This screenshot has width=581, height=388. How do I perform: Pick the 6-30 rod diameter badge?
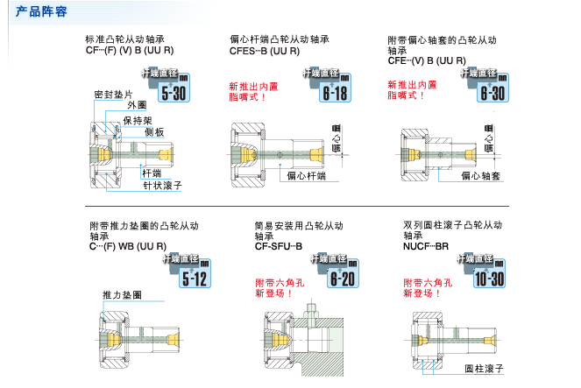tap(487, 88)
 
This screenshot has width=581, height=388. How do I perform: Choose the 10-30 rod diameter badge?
tap(487, 273)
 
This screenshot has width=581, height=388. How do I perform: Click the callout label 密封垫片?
tap(113, 95)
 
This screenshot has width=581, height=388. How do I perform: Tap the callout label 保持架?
tap(138, 120)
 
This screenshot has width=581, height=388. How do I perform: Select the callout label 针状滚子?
tap(161, 187)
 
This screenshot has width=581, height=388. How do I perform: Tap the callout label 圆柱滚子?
tap(484, 370)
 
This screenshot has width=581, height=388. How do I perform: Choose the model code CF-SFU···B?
tap(278, 246)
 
